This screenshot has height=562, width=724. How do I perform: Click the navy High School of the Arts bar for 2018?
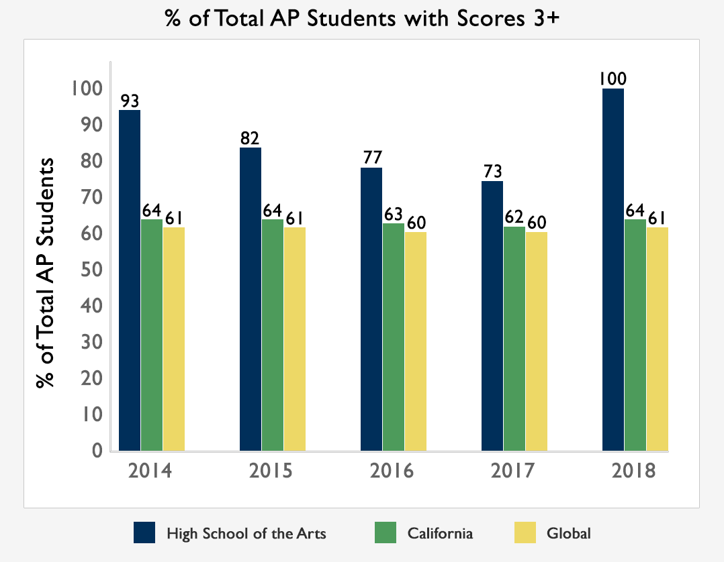pos(613,269)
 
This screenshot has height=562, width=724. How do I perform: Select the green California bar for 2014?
pos(152,335)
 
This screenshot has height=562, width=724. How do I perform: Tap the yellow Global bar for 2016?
pos(415,341)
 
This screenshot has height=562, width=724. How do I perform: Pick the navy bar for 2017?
pos(492,316)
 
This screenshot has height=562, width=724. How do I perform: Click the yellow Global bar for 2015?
pos(294,339)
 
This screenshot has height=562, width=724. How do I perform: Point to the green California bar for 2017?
pos(514,339)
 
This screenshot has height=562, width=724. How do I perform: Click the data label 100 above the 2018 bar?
pos(613,78)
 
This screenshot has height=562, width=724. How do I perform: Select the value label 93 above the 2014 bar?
pos(130,101)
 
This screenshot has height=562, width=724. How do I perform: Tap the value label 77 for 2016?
pos(371,158)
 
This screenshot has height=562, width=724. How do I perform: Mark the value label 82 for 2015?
pos(251,138)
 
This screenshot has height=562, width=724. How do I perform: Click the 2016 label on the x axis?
pos(392,470)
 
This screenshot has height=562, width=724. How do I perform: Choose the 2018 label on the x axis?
pos(634,470)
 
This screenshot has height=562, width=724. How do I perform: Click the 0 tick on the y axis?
pos(97,451)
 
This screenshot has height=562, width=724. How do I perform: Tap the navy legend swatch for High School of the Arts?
pos(144,533)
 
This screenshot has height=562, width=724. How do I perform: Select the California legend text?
pos(440,534)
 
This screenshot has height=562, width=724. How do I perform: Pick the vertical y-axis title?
pos(46,273)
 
